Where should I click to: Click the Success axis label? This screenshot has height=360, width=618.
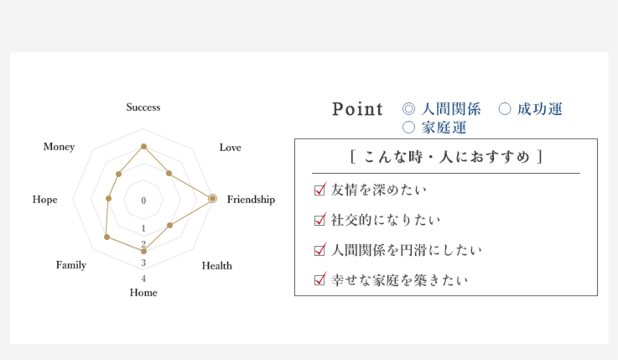(x=143, y=107)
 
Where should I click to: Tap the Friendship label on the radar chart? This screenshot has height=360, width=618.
(x=251, y=200)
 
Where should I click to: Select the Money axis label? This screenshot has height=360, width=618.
(x=60, y=147)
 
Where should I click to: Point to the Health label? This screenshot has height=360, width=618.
(x=217, y=266)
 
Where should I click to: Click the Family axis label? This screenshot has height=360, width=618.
(x=71, y=265)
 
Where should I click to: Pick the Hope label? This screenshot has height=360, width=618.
(x=45, y=200)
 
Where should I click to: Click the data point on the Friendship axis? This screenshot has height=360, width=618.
(x=212, y=198)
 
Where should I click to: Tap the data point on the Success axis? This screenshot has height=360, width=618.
(x=144, y=146)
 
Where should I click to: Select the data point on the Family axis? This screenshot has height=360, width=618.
(x=106, y=237)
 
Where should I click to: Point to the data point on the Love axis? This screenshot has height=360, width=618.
(x=169, y=173)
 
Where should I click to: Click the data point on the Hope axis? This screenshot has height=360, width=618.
(x=109, y=198)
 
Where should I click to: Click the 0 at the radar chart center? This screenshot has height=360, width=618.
(x=143, y=201)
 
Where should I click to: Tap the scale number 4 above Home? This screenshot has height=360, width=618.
(x=143, y=279)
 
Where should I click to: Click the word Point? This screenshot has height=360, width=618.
(x=357, y=109)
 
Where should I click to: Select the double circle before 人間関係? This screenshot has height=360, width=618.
(x=408, y=108)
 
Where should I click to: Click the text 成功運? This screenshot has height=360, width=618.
(x=539, y=109)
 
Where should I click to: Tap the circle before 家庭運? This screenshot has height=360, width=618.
(x=408, y=127)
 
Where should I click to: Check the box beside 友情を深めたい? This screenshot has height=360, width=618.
(x=320, y=190)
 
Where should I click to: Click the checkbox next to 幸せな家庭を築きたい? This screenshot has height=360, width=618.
(x=320, y=279)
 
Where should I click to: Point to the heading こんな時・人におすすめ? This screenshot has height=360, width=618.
(x=446, y=157)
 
